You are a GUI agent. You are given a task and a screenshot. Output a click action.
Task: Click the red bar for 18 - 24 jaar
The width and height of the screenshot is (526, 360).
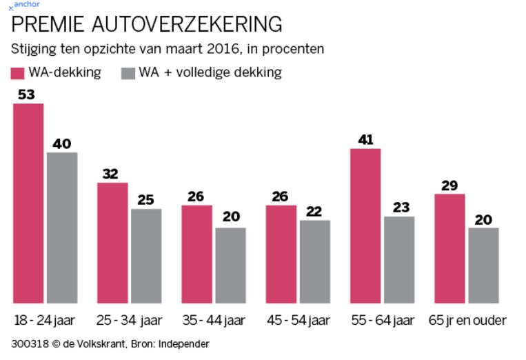[x=28, y=203]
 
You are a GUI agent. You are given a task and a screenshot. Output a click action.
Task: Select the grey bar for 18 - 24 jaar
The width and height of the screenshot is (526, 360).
[x=62, y=228]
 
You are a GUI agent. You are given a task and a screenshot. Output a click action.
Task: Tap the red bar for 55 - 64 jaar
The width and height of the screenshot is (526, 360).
[x=365, y=226]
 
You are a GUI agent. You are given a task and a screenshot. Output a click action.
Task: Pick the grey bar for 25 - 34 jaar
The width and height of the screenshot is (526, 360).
[x=146, y=256]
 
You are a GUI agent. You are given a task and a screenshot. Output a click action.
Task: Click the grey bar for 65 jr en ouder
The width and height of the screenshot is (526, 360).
[x=483, y=266]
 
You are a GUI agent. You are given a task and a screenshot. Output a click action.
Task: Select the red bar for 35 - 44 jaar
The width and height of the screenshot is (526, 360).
[x=197, y=254]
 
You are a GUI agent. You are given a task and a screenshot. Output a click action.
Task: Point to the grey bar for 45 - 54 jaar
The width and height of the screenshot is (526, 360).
[x=315, y=261]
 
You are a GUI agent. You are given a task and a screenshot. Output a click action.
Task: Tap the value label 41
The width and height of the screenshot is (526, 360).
[x=365, y=139]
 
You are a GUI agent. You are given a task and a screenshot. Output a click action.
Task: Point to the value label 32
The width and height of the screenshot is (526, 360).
[x=110, y=174]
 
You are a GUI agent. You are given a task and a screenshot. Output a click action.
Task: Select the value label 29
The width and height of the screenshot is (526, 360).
[x=449, y=185]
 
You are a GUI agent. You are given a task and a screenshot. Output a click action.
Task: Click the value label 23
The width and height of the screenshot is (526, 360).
[x=399, y=207]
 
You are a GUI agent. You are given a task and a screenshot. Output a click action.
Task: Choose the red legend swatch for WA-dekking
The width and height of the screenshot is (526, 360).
[x=18, y=73]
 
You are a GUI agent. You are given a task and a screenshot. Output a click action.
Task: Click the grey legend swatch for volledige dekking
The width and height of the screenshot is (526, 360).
[x=128, y=73]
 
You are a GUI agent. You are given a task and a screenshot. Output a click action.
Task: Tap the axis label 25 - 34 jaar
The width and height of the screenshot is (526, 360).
[x=130, y=321]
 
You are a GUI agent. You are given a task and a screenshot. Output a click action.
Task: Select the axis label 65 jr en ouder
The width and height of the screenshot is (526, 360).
[x=467, y=321]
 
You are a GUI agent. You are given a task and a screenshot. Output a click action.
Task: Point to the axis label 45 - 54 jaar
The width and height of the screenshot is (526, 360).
[x=299, y=321]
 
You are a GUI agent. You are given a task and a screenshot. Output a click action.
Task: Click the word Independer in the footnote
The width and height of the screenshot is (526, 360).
[x=181, y=343]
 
